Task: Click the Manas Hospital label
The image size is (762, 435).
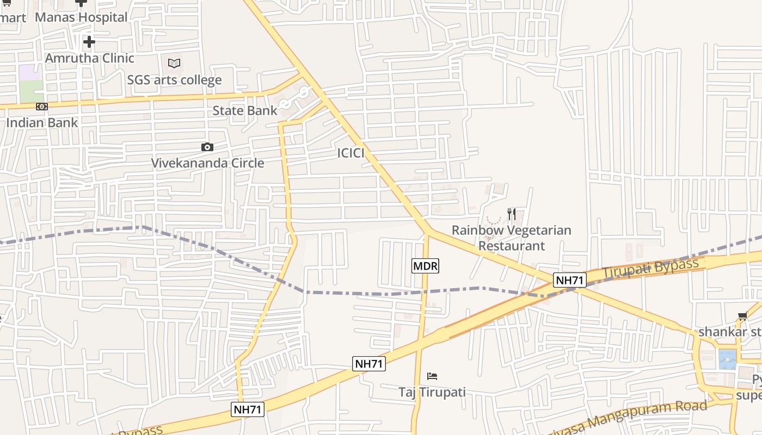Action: pos(81,17)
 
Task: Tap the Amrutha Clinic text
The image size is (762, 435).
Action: pos(89,58)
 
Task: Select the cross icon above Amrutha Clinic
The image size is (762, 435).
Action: pos(89,42)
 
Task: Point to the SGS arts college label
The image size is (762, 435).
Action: pos(174,80)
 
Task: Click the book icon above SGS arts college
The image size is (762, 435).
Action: pos(174,64)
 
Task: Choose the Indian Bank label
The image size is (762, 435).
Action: pos(42,123)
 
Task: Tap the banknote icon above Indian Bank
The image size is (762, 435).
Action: pos(42,107)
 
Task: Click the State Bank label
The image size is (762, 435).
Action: pos(244,111)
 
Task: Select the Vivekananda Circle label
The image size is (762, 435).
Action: pos(207,163)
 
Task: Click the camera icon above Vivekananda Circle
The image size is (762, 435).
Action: pos(207,147)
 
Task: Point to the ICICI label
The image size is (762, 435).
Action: pos(351,153)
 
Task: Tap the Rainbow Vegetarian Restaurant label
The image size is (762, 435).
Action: pos(512,238)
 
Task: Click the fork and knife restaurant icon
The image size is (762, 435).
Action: pos(512,214)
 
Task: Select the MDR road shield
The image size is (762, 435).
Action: pos(425,266)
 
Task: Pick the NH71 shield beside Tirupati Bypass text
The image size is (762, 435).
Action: pos(570,280)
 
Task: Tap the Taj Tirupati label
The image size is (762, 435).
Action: pos(432,392)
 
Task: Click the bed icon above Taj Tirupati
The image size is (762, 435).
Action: pos(432,376)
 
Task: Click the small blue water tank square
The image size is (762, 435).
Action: pos(727,359)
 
